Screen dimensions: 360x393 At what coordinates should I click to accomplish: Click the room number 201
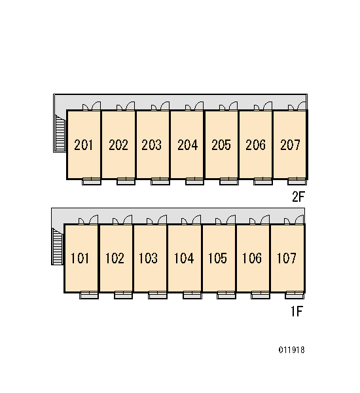(x=83, y=145)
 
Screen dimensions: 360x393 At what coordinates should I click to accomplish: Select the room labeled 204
(x=187, y=145)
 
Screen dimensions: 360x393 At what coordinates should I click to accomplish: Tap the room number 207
(x=290, y=145)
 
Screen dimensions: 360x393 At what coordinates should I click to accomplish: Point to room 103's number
(x=148, y=258)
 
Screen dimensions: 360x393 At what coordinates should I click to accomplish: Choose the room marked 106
(x=252, y=258)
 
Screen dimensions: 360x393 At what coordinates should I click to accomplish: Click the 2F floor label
(x=298, y=196)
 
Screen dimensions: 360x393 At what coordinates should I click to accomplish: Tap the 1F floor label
(x=297, y=311)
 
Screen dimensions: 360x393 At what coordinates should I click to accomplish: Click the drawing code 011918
(x=292, y=350)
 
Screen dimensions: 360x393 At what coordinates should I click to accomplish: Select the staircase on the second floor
(x=60, y=134)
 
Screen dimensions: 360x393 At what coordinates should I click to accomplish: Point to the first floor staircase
(x=58, y=247)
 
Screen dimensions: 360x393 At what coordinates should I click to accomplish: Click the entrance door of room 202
(x=130, y=106)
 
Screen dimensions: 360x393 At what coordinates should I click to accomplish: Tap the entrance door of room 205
(x=233, y=106)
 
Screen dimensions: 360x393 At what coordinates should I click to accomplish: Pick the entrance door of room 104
(x=196, y=219)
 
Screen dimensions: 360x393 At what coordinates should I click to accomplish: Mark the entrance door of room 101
(x=94, y=219)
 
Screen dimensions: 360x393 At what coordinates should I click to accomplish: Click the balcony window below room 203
(x=160, y=181)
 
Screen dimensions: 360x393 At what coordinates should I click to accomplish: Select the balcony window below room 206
(x=262, y=181)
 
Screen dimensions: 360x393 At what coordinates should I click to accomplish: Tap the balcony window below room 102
(x=123, y=295)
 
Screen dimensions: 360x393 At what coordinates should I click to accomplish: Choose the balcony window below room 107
(x=295, y=295)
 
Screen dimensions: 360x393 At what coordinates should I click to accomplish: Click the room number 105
(x=217, y=258)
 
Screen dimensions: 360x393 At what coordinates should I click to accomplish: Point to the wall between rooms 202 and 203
(x=135, y=145)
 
